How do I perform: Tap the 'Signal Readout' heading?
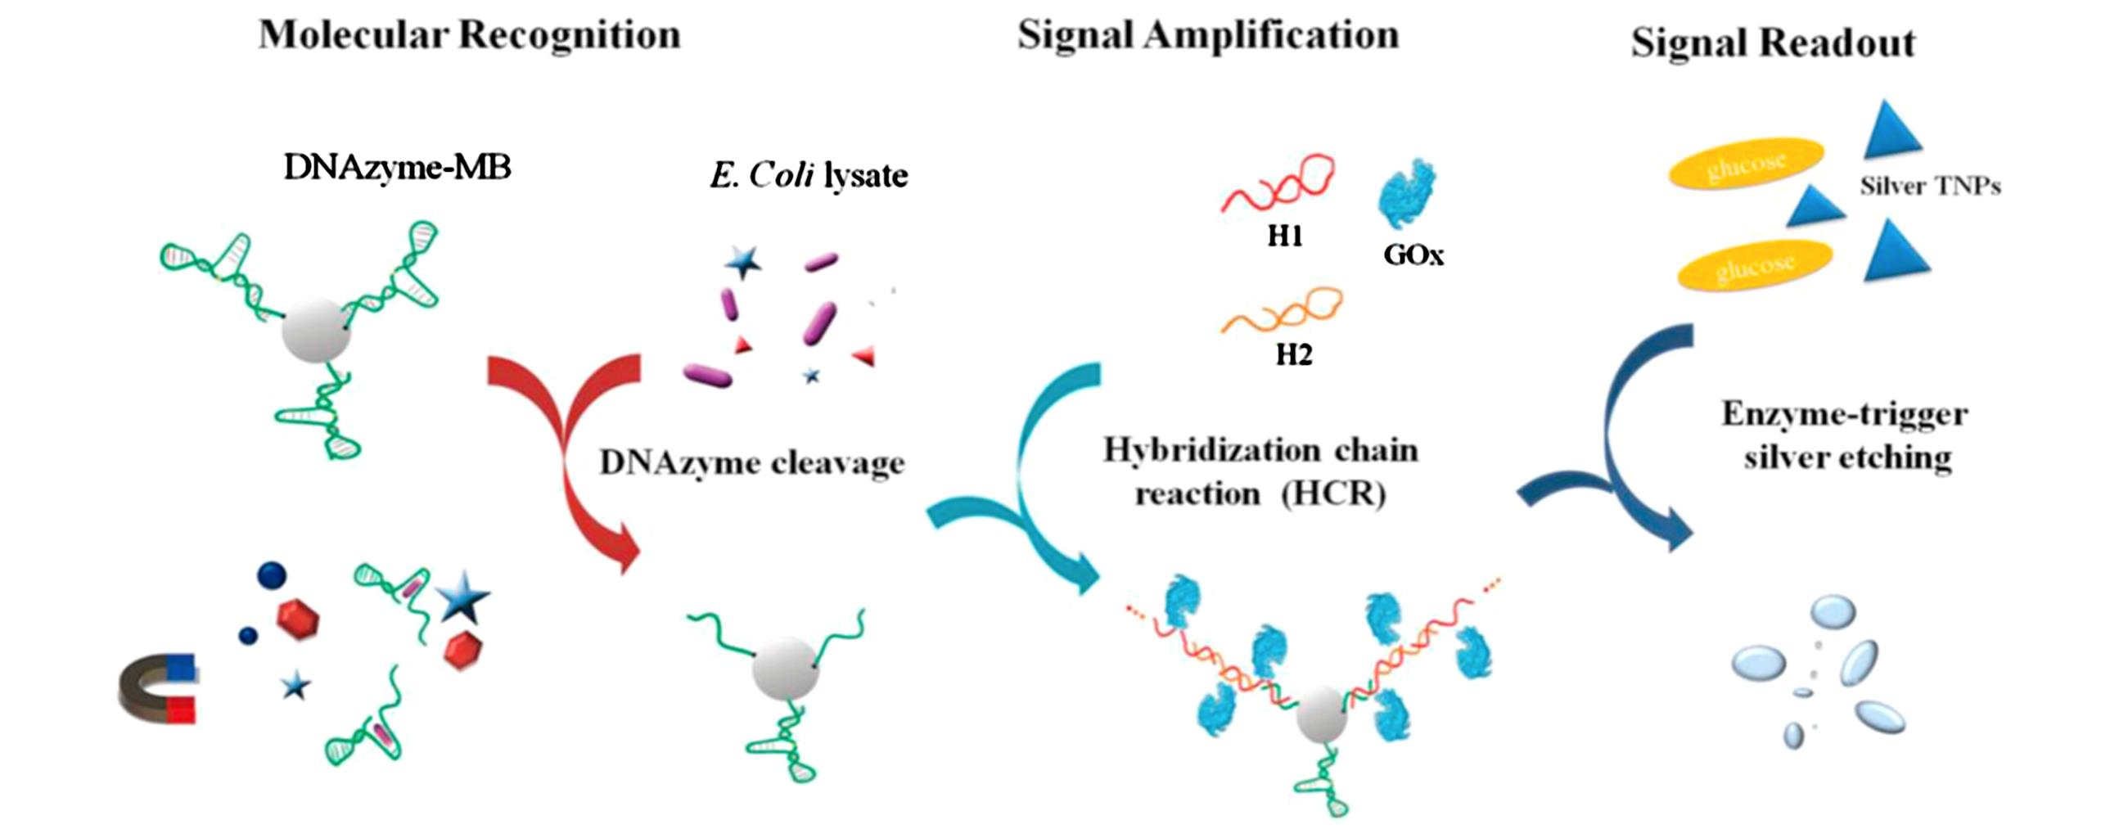tap(1773, 43)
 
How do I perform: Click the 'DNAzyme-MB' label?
tap(397, 168)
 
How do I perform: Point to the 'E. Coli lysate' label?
tap(809, 175)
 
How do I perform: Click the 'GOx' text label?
tap(1413, 255)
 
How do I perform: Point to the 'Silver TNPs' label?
tap(1930, 187)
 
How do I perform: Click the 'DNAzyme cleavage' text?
tap(752, 463)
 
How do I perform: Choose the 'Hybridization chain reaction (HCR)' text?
tap(1260, 472)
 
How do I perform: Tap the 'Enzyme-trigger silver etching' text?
tap(1846, 435)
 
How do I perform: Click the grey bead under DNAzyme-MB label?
tap(316, 330)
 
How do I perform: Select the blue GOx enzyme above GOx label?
tap(1408, 195)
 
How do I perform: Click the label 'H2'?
tap(1293, 355)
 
